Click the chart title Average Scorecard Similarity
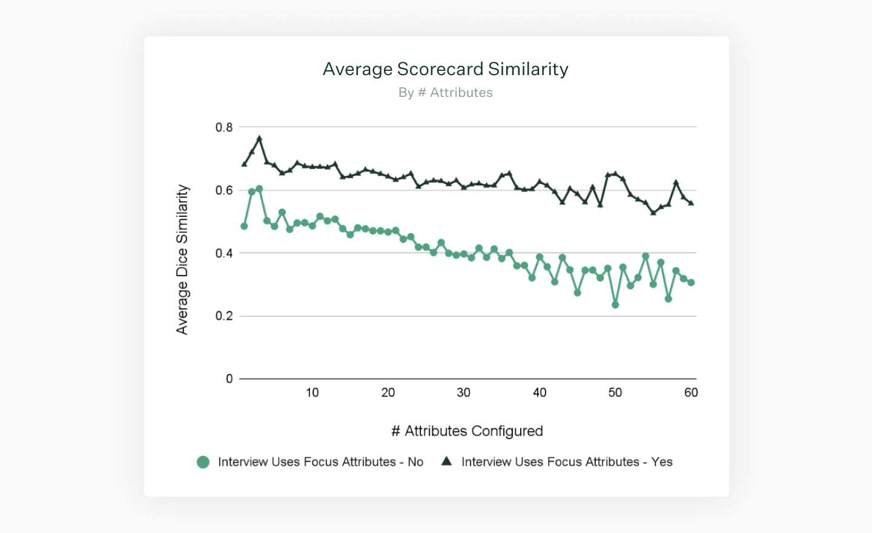click(445, 69)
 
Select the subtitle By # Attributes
click(445, 93)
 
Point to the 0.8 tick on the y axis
click(224, 127)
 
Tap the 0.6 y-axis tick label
click(224, 190)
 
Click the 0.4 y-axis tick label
click(224, 253)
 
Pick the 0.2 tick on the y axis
click(224, 316)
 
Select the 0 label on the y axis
click(229, 379)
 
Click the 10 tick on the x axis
click(312, 392)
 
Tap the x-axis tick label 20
click(388, 392)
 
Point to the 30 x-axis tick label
click(464, 392)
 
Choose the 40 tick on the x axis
click(540, 392)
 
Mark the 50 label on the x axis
click(615, 392)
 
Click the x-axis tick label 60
click(691, 392)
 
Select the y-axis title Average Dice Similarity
click(182, 259)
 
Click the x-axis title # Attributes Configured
click(467, 431)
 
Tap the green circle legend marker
click(203, 462)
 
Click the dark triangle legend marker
click(447, 462)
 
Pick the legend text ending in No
click(320, 462)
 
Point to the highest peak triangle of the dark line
click(259, 139)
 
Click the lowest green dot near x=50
click(615, 305)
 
